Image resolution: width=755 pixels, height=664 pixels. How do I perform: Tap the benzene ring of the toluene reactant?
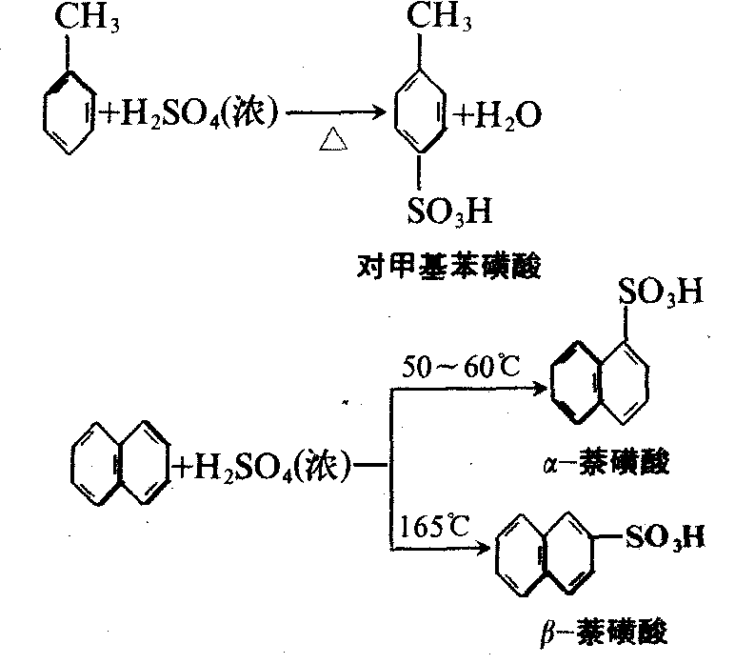click(x=68, y=111)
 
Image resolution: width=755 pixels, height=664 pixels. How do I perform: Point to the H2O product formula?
click(x=498, y=116)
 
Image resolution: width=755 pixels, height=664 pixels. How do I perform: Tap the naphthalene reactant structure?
click(x=119, y=465)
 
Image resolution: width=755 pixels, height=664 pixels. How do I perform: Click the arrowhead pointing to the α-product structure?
click(x=540, y=389)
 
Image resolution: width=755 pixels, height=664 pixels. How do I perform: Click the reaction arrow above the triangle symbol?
click(x=333, y=115)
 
